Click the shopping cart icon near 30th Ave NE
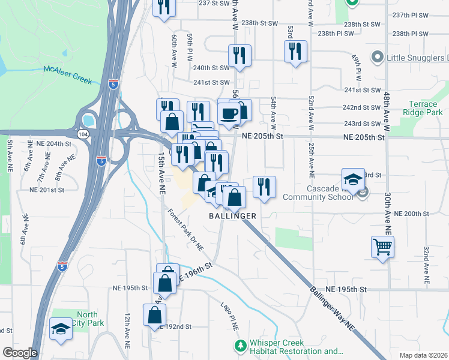click(x=382, y=246)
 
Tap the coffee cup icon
click(x=229, y=112)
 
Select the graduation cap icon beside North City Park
click(x=60, y=329)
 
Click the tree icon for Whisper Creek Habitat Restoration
click(x=240, y=346)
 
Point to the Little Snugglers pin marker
click(x=378, y=58)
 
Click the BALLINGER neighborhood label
click(x=233, y=215)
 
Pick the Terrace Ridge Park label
click(x=423, y=108)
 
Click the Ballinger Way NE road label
click(x=333, y=307)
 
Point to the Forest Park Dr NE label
click(x=186, y=230)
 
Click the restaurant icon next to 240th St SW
click(x=240, y=55)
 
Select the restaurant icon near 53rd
click(x=295, y=52)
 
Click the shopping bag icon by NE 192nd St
click(x=154, y=314)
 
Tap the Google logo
click(x=19, y=353)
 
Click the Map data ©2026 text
click(x=423, y=355)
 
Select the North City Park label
click(x=88, y=319)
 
